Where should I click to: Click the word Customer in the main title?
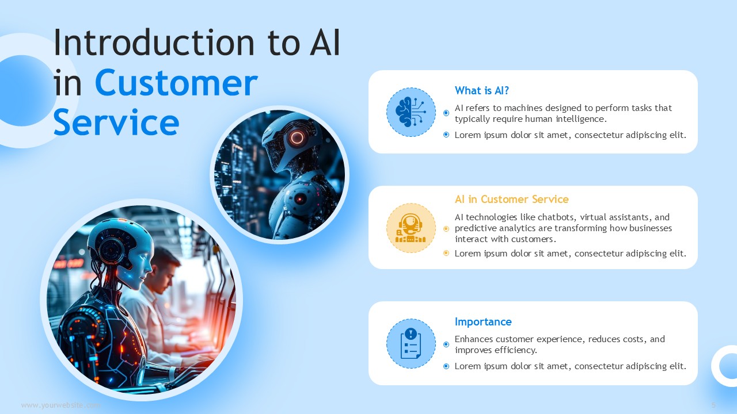[176, 83]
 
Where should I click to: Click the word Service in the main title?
[116, 122]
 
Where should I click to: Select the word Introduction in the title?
[154, 43]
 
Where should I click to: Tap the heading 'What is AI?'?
[482, 90]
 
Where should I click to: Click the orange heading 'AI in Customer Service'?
[512, 199]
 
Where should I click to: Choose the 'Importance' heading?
[483, 321]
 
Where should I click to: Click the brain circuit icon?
[411, 112]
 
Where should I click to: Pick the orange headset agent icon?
[411, 228]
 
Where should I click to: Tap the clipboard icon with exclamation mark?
[411, 343]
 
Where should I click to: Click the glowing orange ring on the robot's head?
[297, 137]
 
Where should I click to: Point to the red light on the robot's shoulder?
[300, 199]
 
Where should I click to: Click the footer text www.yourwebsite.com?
[61, 405]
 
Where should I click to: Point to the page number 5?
[713, 405]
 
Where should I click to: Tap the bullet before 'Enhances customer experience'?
[446, 344]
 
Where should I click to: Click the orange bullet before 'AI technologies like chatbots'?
[446, 229]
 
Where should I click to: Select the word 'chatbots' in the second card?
[556, 217]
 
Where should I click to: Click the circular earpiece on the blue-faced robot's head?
[112, 250]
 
